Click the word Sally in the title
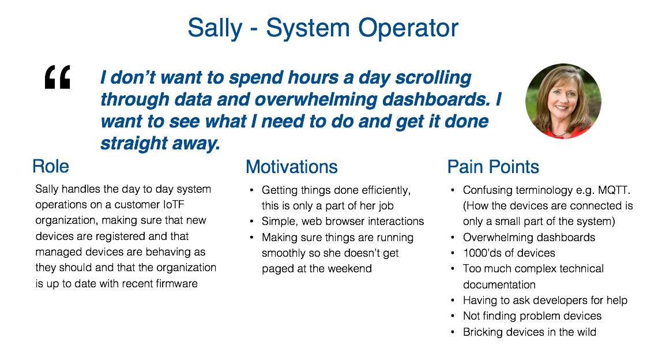click(x=215, y=28)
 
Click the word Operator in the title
click(x=408, y=28)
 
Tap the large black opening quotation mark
click(x=57, y=77)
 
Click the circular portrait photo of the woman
click(x=563, y=101)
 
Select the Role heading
click(x=50, y=166)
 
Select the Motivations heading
click(x=292, y=167)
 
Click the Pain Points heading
click(x=493, y=167)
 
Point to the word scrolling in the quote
click(x=433, y=78)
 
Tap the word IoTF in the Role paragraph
click(x=174, y=205)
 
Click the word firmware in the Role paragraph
click(x=177, y=284)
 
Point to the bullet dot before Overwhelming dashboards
click(x=453, y=237)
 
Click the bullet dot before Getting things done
click(x=251, y=190)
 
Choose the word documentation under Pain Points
click(x=499, y=285)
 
